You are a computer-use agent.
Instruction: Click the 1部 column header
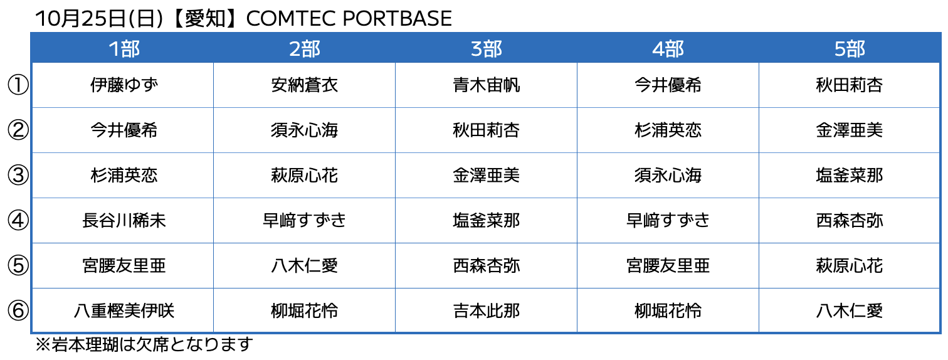(x=124, y=49)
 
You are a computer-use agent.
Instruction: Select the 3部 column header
(x=487, y=49)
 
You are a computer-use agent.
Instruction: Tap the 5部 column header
(x=850, y=49)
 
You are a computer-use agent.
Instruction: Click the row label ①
(x=18, y=85)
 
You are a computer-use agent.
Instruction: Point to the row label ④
(x=18, y=221)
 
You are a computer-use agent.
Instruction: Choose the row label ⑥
(x=18, y=311)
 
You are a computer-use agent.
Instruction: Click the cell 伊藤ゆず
(x=124, y=85)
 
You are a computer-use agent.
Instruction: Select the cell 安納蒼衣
(x=304, y=85)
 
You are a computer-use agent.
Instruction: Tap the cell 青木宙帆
(x=487, y=85)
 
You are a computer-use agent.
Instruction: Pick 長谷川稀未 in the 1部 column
(x=124, y=221)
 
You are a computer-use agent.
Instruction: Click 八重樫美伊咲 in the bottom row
(x=124, y=311)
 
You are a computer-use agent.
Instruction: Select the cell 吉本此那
(x=487, y=311)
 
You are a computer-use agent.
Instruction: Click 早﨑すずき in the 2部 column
(x=304, y=221)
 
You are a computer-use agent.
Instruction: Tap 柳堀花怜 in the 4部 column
(x=668, y=311)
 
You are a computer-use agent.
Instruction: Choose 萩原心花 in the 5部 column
(x=850, y=266)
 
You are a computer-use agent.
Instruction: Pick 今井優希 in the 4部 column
(x=668, y=85)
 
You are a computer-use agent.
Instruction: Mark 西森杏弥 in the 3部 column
(x=487, y=266)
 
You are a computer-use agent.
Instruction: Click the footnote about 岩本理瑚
(x=144, y=344)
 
